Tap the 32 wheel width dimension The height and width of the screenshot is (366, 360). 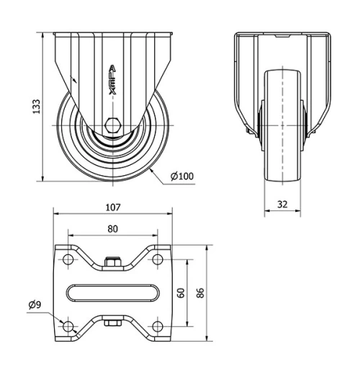(282, 204)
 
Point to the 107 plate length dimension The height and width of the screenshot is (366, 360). (113, 208)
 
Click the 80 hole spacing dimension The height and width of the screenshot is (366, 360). (113, 228)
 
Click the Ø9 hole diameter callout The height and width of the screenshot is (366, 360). (35, 305)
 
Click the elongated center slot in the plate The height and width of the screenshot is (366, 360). (113, 292)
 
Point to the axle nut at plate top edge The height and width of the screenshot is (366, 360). (112, 262)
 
